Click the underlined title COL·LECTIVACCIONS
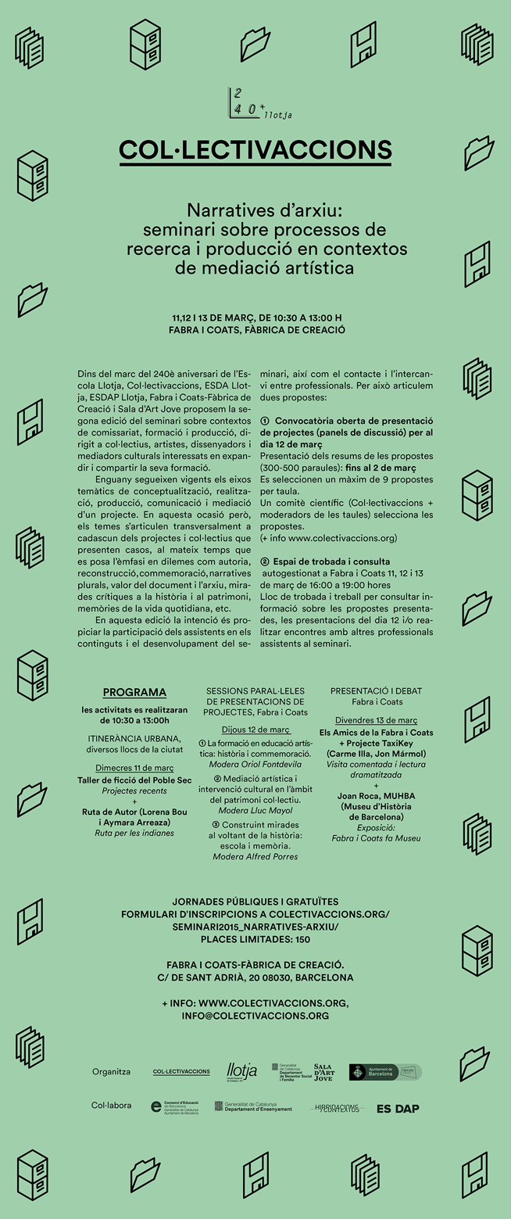(x=256, y=150)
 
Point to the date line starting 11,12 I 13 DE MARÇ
(x=256, y=318)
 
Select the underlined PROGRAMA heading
(x=134, y=692)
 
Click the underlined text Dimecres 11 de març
(x=134, y=769)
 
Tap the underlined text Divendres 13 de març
(x=376, y=719)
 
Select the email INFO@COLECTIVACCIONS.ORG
(x=256, y=1016)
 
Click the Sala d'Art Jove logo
(x=324, y=1072)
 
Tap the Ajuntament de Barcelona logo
(x=384, y=1072)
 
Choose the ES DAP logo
(x=398, y=1108)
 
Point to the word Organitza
(x=111, y=1072)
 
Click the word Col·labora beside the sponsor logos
(x=111, y=1106)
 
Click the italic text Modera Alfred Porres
(x=255, y=857)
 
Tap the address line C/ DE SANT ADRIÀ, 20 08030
(x=256, y=977)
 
